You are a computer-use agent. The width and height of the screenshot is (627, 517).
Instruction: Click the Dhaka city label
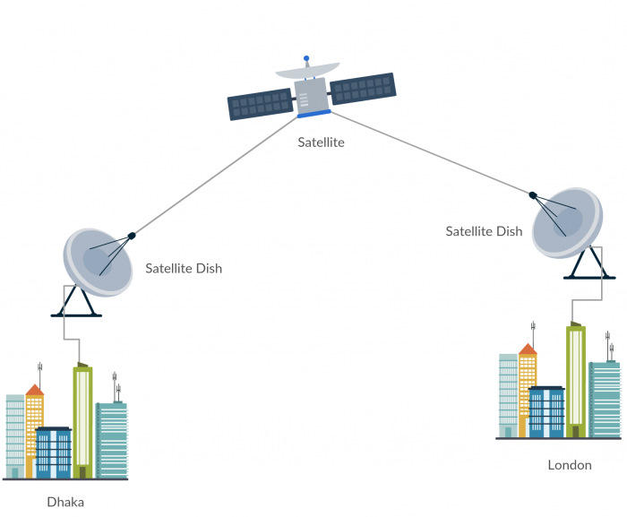[64, 502]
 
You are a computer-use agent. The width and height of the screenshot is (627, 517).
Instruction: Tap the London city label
[570, 465]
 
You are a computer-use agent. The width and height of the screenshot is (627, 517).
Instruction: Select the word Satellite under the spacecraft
[321, 142]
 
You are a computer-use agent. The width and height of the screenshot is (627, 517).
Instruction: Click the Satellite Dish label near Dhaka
[184, 268]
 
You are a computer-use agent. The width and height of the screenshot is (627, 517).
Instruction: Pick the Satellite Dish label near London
[484, 231]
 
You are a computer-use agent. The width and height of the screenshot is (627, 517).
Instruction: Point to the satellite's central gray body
[312, 95]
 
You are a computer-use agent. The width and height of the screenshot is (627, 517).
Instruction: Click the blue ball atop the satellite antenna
[305, 59]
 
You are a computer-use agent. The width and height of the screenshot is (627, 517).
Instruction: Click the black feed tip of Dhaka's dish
[132, 236]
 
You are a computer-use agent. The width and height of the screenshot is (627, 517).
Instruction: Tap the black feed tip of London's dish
[533, 194]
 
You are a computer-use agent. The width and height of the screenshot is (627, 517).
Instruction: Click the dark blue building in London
[546, 412]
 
